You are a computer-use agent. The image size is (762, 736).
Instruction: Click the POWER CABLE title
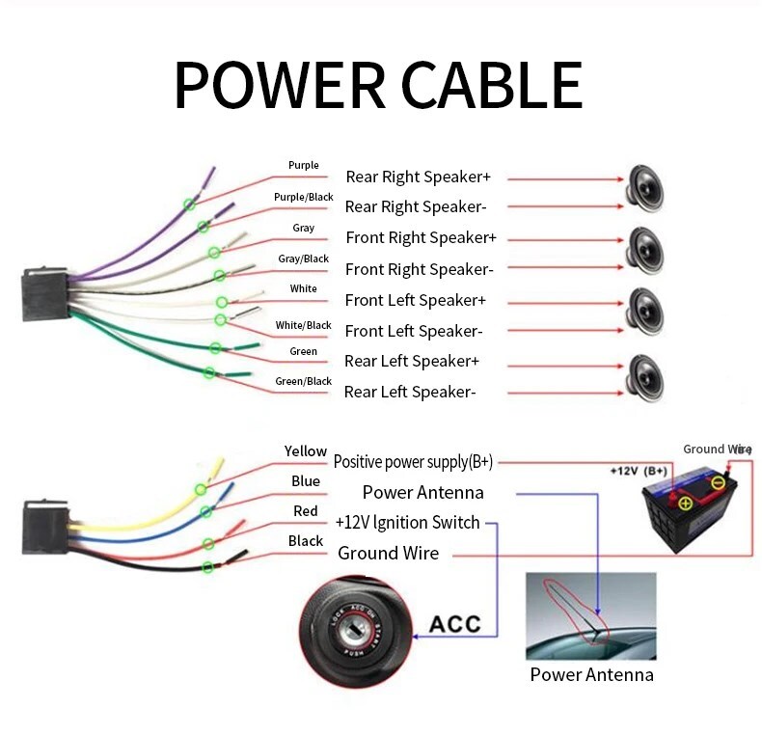(378, 86)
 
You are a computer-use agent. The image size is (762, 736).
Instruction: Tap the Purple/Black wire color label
(303, 197)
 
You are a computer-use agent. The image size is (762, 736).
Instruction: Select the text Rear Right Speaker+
(418, 177)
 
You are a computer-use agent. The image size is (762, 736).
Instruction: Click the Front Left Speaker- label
(413, 331)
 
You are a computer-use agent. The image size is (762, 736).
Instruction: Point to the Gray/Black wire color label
(303, 259)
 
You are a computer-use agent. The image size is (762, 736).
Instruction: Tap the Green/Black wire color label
(303, 381)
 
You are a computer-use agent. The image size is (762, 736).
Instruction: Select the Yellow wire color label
(305, 451)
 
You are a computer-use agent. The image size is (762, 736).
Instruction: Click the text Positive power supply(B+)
(413, 462)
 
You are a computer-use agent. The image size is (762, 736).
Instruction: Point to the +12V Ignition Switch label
(407, 523)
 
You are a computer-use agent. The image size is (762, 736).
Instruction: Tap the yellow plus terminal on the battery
(685, 503)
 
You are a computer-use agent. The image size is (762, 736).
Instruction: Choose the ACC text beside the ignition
(454, 623)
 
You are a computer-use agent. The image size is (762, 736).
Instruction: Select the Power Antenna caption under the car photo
(591, 674)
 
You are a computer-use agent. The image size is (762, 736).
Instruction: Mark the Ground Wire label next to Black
(388, 553)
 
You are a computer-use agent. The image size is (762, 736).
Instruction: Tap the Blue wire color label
(305, 481)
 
